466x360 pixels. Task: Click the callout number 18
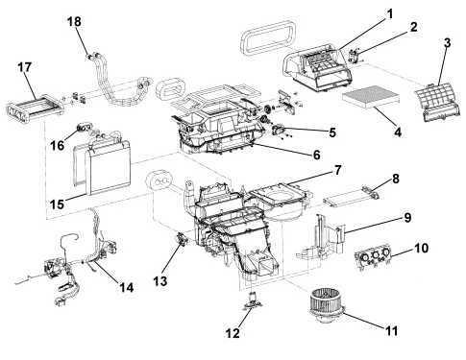74,22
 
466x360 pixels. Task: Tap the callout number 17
25,67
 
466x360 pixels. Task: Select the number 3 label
447,43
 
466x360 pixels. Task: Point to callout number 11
390,331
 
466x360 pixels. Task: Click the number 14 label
127,287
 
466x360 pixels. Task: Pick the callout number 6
316,155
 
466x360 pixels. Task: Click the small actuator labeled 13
183,239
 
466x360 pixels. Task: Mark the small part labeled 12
253,301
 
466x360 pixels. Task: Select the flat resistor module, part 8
352,196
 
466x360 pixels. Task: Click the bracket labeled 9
322,238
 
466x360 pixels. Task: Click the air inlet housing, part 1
318,68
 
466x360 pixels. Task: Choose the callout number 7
338,170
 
